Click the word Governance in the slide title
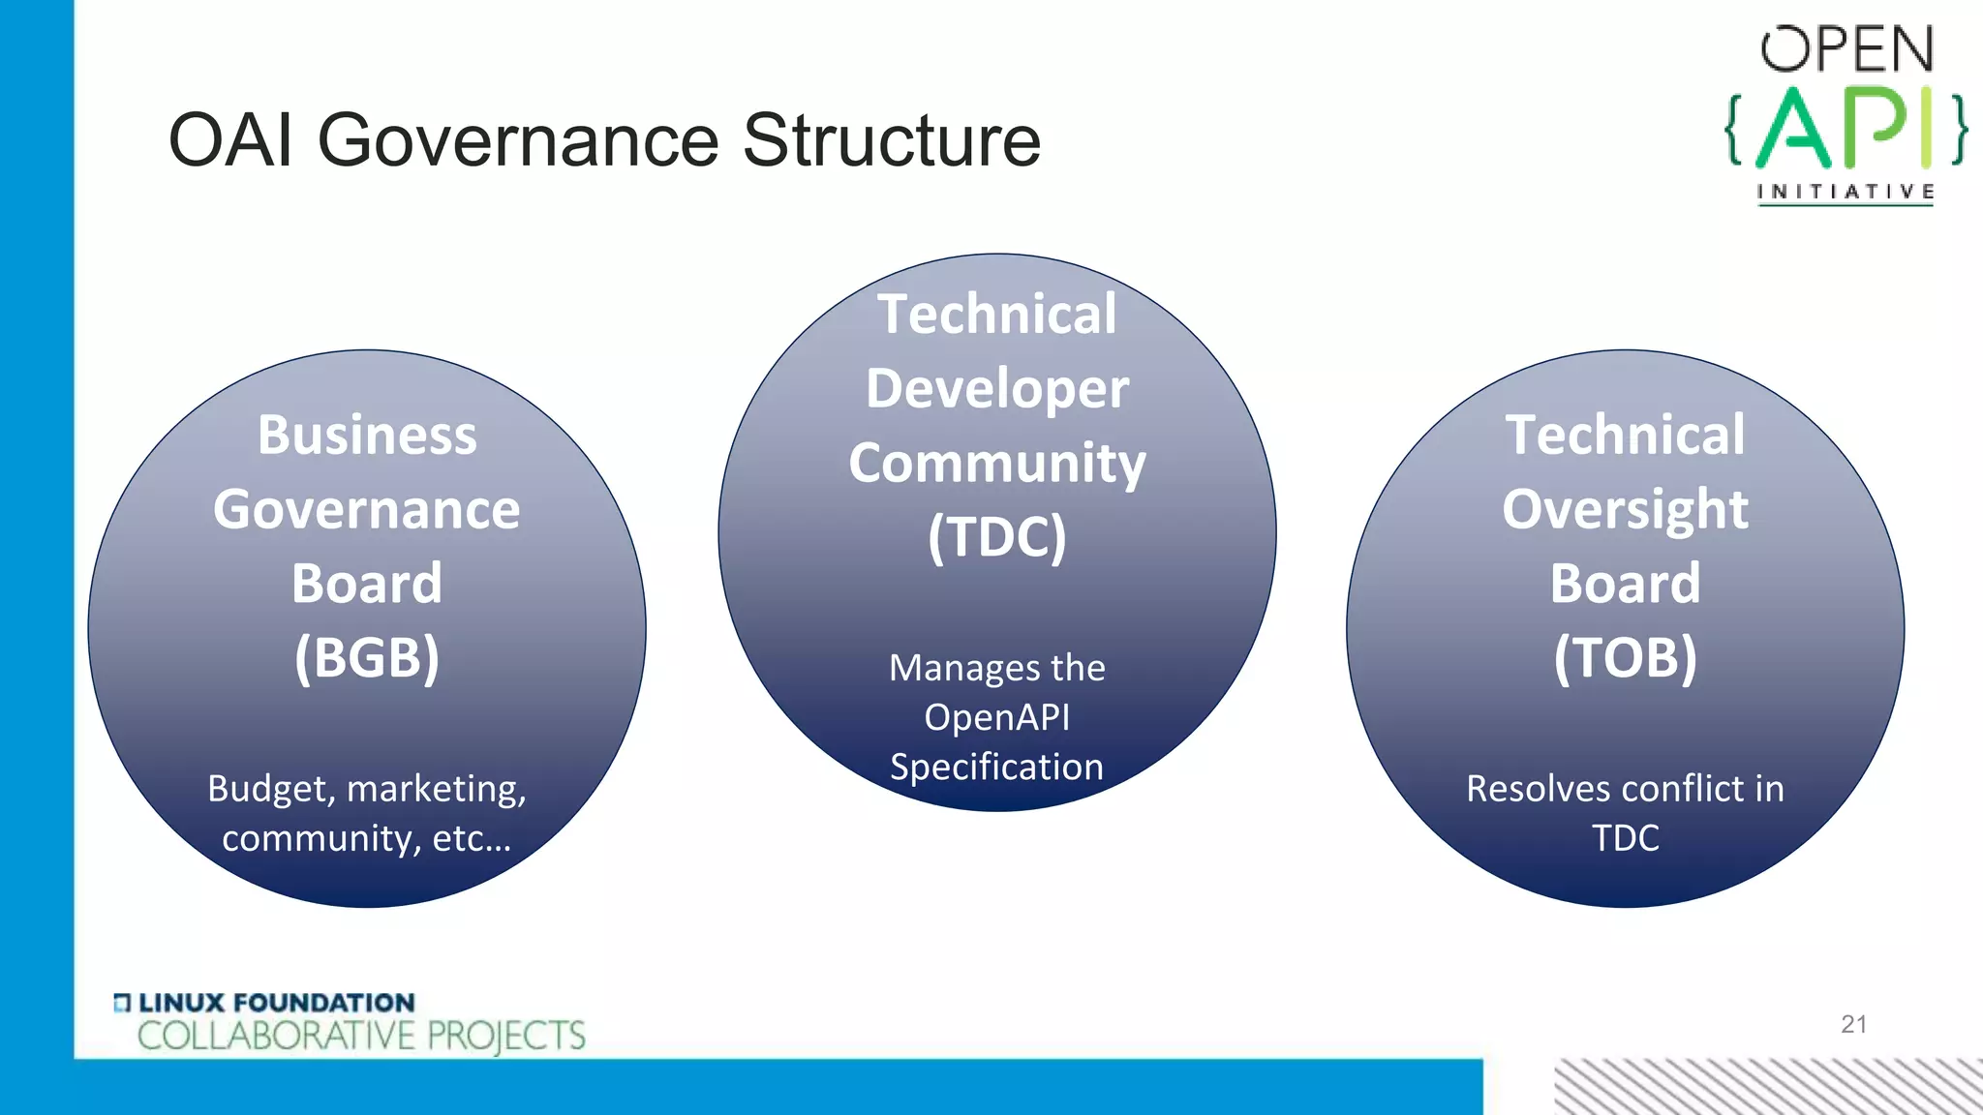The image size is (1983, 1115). pos(517,141)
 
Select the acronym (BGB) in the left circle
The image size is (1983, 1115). pos(367,658)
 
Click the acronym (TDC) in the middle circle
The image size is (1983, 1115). pos(996,537)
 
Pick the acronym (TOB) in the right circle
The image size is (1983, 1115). pos(1625,658)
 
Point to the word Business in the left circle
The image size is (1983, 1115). pos(367,436)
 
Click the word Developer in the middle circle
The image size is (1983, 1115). pos(996,389)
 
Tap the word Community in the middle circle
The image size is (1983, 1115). pos(996,464)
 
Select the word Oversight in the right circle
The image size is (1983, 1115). pos(1625,510)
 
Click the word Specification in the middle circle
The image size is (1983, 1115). pos(996,767)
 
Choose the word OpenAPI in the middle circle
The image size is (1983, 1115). pos(996,717)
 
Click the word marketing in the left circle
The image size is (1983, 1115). pos(436,790)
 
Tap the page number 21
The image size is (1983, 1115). pos(1853,1024)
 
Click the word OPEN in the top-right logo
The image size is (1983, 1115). pos(1846,50)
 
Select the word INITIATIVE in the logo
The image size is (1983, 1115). pos(1846,192)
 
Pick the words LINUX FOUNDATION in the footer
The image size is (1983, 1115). pos(276,1003)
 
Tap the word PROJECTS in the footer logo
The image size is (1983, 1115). pos(505,1037)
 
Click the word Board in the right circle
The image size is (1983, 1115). pos(1625,584)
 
